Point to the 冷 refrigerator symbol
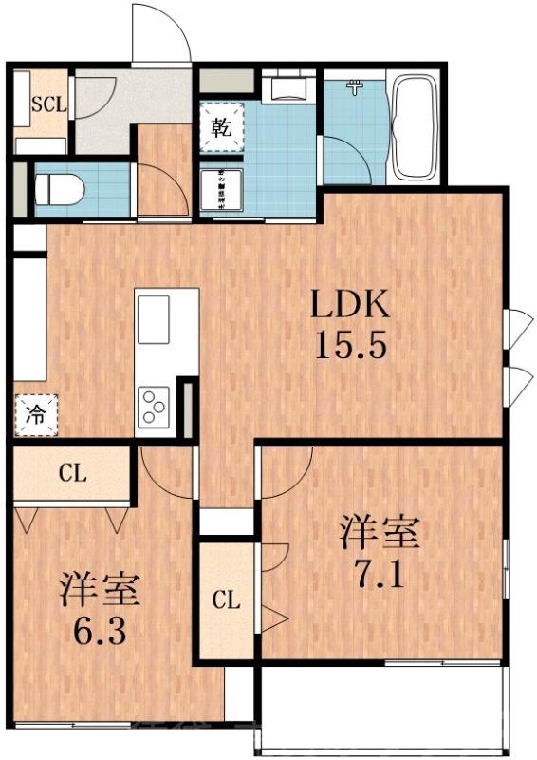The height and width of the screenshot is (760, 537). [x=35, y=414]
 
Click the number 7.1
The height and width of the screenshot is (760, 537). [x=380, y=574]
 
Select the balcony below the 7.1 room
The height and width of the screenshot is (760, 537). [x=380, y=711]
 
